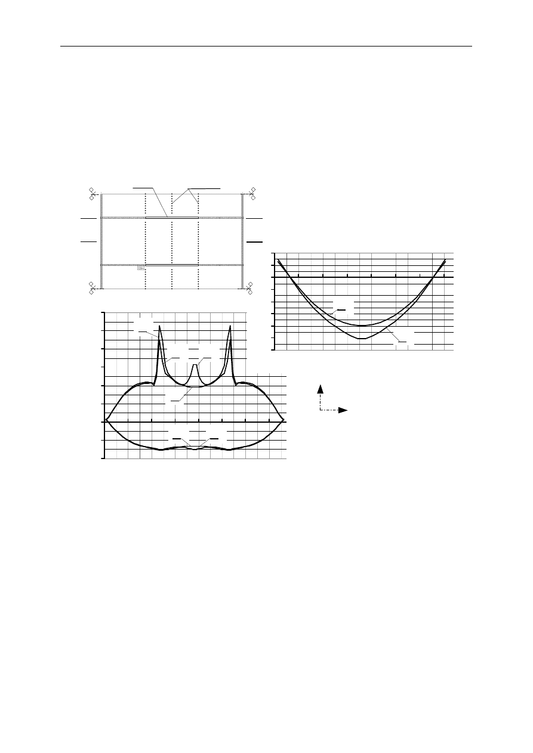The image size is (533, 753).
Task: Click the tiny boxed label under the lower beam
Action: (141, 269)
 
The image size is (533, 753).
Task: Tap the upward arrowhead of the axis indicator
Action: (321, 389)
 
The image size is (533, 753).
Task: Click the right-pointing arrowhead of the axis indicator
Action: (344, 410)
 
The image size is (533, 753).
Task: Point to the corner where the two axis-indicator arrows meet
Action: (321, 410)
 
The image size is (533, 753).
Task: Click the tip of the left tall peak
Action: (160, 326)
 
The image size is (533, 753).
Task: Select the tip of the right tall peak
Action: (230, 326)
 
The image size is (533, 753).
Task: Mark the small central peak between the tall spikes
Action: (195, 365)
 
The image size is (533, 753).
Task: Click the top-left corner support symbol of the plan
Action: (92, 193)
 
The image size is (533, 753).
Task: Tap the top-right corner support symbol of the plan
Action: (252, 193)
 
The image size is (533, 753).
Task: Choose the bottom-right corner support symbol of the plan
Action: (251, 288)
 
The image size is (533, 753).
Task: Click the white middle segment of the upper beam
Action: (172, 218)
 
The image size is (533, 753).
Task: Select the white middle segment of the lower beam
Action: (172, 265)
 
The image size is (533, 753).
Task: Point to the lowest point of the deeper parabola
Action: (362, 339)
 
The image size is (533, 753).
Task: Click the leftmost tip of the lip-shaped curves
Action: (107, 420)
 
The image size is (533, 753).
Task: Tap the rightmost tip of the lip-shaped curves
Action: (284, 420)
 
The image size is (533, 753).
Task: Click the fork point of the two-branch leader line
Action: (189, 188)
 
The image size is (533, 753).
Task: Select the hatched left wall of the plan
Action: (101, 241)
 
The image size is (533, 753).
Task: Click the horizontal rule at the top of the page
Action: (266, 46)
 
